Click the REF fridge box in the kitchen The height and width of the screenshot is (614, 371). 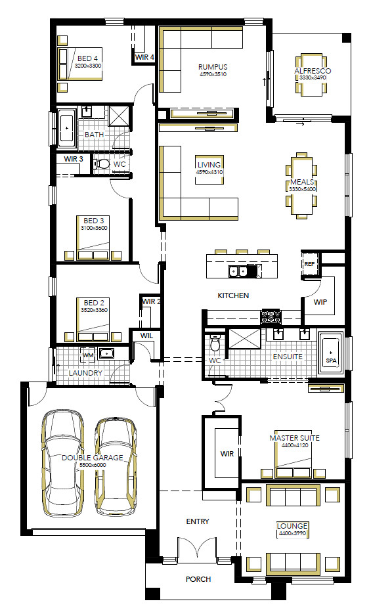(309, 264)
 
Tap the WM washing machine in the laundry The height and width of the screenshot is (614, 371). (89, 355)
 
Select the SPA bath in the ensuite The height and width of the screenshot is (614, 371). (331, 353)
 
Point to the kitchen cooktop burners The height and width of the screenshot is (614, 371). (271, 317)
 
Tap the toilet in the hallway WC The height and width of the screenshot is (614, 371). (102, 164)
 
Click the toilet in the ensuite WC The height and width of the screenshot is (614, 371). (215, 343)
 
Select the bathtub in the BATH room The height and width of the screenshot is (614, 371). (67, 128)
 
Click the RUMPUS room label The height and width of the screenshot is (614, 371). (213, 67)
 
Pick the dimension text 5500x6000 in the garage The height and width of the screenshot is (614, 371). (93, 465)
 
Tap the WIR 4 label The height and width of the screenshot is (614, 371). (144, 57)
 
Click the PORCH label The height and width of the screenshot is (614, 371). (198, 579)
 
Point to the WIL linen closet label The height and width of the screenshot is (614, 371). (146, 336)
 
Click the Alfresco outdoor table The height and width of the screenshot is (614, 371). (311, 75)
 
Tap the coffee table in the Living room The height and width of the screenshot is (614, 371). (209, 169)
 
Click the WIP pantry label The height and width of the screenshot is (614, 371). (320, 302)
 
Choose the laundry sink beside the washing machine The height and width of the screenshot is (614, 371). (107, 353)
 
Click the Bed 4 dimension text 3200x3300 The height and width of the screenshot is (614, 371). (88, 66)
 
